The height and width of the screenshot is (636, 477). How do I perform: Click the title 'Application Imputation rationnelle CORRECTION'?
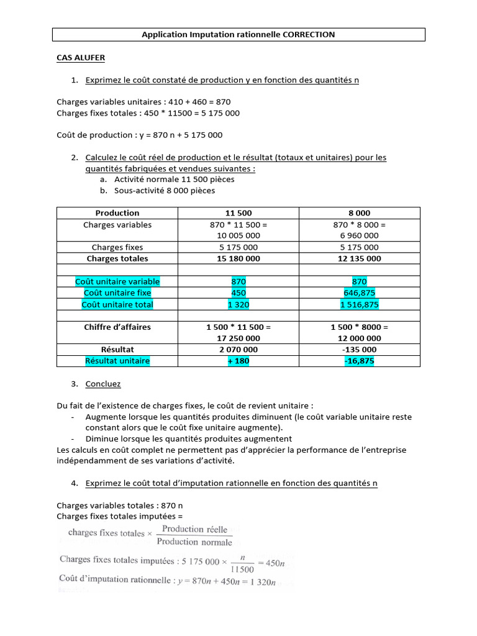(x=238, y=35)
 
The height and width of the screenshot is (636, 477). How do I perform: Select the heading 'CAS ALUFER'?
(x=81, y=58)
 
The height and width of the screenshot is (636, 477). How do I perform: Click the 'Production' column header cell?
(x=117, y=213)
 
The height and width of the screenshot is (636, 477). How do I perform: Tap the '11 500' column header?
(x=238, y=213)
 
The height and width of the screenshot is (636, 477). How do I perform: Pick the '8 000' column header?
(x=360, y=213)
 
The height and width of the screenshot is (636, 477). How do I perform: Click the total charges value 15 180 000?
(x=238, y=258)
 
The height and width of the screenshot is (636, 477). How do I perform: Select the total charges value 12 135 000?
(x=360, y=258)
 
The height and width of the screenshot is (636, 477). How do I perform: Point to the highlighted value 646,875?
(x=360, y=293)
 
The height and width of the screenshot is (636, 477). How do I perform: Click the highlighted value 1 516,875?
(x=360, y=304)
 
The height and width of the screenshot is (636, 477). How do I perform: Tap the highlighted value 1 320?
(x=238, y=304)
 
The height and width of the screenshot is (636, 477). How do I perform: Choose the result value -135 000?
(x=360, y=350)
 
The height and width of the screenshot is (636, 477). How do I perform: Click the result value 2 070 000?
(x=238, y=350)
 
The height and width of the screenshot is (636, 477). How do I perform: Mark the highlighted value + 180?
(x=238, y=361)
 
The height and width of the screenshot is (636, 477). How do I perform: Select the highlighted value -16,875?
(x=360, y=361)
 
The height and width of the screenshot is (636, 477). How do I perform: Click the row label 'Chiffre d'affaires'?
(x=117, y=327)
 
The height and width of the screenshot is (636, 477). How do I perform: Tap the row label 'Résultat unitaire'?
(x=117, y=361)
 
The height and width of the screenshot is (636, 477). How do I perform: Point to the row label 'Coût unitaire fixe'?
(x=117, y=293)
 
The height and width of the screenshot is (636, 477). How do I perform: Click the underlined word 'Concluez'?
(x=103, y=384)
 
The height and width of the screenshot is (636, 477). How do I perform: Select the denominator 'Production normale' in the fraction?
(x=194, y=541)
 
